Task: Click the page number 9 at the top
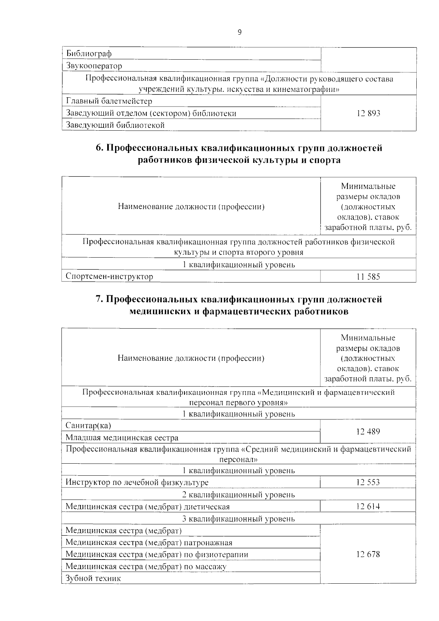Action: point(239,32)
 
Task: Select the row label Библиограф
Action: point(89,54)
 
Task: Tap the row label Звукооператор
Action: point(94,66)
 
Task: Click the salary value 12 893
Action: point(368,113)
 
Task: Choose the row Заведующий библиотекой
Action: point(115,125)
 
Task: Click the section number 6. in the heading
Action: point(100,148)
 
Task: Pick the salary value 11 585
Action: point(368,277)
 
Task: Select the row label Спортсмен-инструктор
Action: point(109,276)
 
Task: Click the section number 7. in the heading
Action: point(100,299)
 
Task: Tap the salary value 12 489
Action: point(368,431)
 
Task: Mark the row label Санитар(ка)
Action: point(88,426)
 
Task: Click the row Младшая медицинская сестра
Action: point(122,438)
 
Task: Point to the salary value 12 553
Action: point(368,482)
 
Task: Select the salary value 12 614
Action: point(368,506)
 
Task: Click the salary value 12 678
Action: point(368,554)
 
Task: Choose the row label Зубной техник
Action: point(93,579)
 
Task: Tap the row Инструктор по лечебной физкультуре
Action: point(137,482)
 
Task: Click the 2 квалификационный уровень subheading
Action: point(239,495)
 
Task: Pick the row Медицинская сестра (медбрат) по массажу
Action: point(146,566)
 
